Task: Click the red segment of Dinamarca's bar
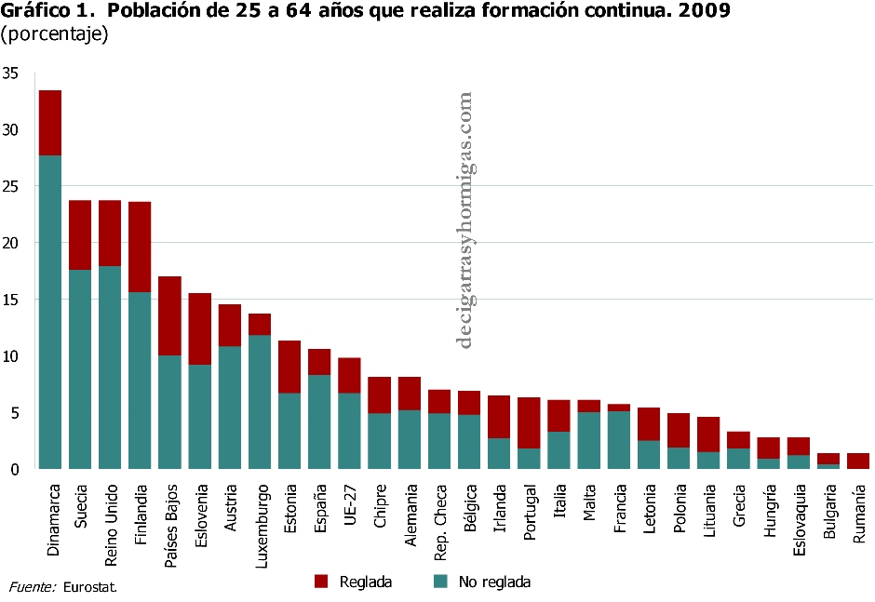(x=50, y=123)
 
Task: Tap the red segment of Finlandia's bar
(x=140, y=247)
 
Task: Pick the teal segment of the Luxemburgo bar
(x=259, y=402)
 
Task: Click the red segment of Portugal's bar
(x=529, y=422)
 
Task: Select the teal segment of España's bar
(x=318, y=421)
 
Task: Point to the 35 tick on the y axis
(x=10, y=73)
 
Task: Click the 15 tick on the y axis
(x=10, y=300)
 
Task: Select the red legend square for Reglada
(x=322, y=582)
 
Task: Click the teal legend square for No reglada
(x=441, y=582)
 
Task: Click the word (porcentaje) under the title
(x=55, y=35)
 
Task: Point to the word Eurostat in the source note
(x=91, y=587)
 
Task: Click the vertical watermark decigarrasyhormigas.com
(x=465, y=219)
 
